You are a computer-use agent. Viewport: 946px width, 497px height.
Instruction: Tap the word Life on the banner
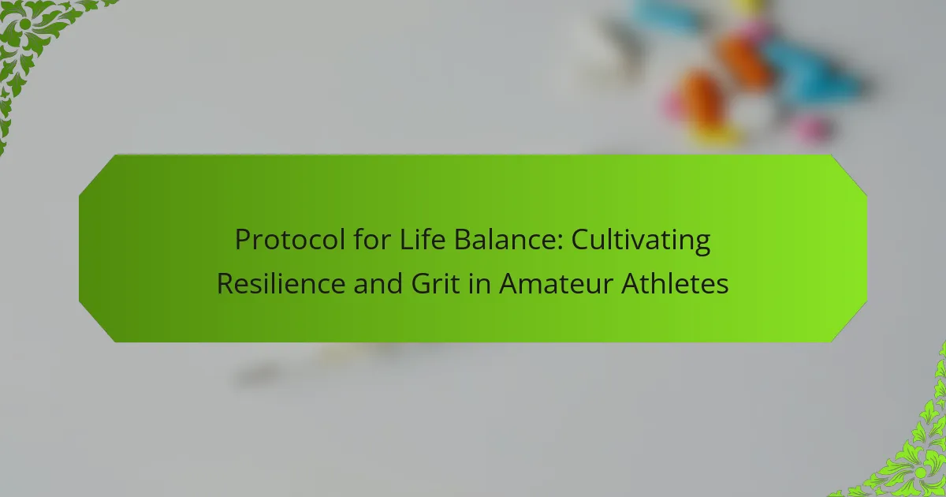point(423,240)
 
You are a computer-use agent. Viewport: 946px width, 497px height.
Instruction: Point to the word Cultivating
point(641,241)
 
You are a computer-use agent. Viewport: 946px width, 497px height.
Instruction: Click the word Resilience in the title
point(281,283)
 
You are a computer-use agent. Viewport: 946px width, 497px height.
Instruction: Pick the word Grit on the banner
point(435,283)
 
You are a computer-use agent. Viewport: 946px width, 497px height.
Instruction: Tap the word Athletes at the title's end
point(675,283)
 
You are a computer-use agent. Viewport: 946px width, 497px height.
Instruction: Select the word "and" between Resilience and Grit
point(378,283)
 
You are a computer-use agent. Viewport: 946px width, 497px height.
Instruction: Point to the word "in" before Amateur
point(480,283)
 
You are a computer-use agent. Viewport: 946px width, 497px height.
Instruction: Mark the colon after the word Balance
point(560,244)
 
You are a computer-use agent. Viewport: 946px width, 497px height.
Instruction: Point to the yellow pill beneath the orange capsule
point(713,136)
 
